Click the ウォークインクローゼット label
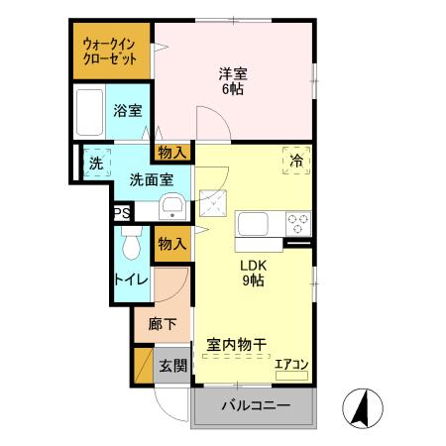(x=109, y=51)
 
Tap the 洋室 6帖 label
(x=232, y=80)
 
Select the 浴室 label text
(x=126, y=111)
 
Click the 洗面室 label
(x=152, y=179)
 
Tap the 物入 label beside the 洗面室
(x=171, y=152)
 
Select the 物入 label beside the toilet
(x=171, y=243)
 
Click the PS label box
(x=120, y=212)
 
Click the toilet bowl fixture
(x=131, y=243)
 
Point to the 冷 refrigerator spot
(x=296, y=160)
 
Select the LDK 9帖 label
(x=252, y=273)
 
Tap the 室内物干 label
(x=238, y=344)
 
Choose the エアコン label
(x=291, y=364)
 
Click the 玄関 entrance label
(x=173, y=365)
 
